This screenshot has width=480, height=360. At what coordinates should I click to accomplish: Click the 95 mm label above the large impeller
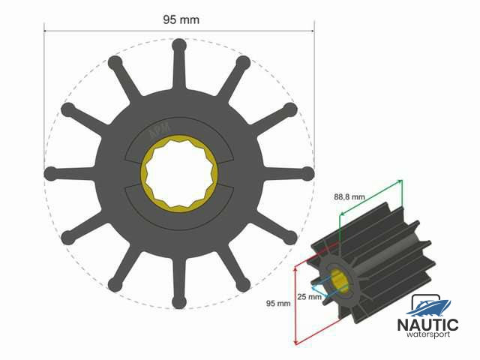click(x=181, y=19)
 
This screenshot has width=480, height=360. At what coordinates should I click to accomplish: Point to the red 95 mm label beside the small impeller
click(x=277, y=304)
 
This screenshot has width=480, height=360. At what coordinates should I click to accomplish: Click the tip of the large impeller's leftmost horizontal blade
click(x=50, y=173)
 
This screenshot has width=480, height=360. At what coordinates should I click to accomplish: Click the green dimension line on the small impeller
click(x=371, y=203)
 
